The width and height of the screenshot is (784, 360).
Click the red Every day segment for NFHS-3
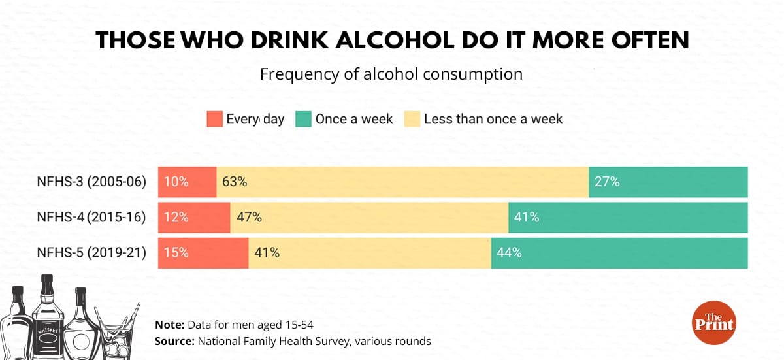click(187, 182)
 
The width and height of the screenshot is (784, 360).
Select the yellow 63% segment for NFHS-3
click(402, 182)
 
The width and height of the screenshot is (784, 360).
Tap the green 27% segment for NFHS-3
click(668, 182)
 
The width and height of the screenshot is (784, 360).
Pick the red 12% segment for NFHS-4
click(194, 218)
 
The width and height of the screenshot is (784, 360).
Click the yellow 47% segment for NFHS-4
click(369, 218)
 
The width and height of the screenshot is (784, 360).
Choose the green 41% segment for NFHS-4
click(628, 218)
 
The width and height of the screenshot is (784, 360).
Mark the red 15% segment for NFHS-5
click(203, 253)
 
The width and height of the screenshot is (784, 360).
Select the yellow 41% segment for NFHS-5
click(370, 253)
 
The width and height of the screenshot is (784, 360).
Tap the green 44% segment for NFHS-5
click(619, 253)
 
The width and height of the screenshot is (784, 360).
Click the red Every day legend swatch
click(214, 119)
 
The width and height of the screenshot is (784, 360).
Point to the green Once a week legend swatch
click(303, 119)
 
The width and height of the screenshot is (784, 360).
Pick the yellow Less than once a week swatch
click(412, 119)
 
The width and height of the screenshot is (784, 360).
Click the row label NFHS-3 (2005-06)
click(91, 182)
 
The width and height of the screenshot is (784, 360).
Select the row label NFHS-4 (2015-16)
click(91, 218)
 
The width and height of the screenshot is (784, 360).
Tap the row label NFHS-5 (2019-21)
click(91, 253)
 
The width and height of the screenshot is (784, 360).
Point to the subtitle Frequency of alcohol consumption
click(391, 74)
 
